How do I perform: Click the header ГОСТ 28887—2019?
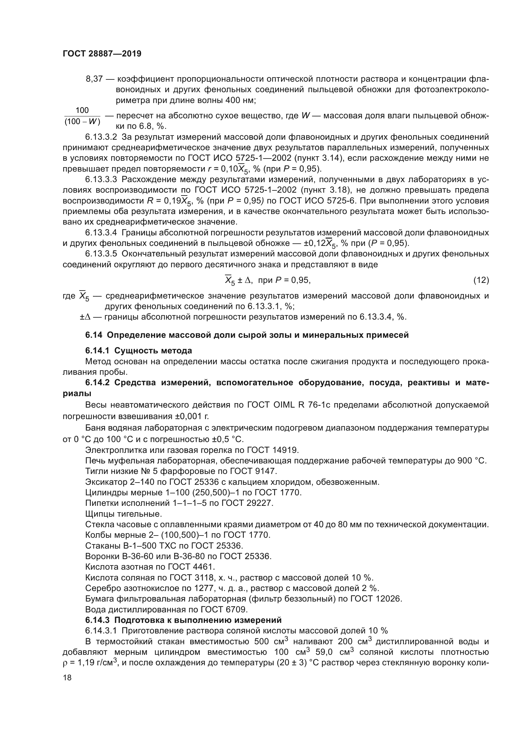coord(102,54)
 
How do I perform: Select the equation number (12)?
coord(481,280)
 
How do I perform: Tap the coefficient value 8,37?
coord(94,79)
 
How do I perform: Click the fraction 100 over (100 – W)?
coord(82,116)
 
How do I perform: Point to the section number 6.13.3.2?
coord(101,137)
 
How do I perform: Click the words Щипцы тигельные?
coord(123,514)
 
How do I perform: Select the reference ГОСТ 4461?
coord(191,567)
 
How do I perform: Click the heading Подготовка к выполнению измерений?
coord(198,620)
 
